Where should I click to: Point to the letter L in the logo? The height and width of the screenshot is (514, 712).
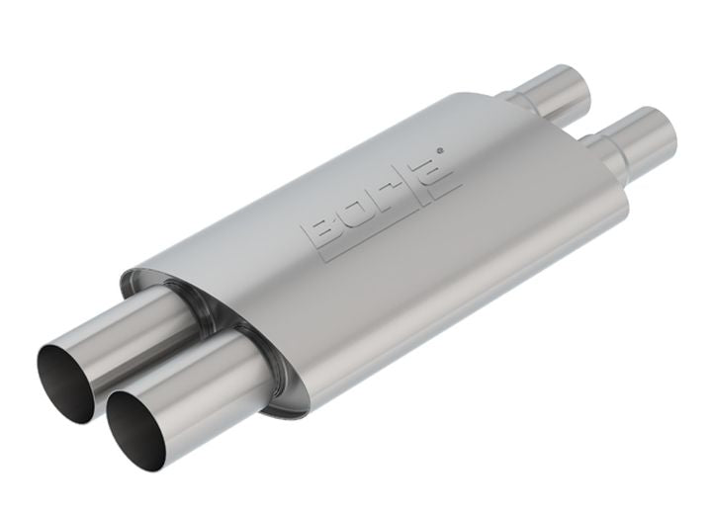pos(414,183)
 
